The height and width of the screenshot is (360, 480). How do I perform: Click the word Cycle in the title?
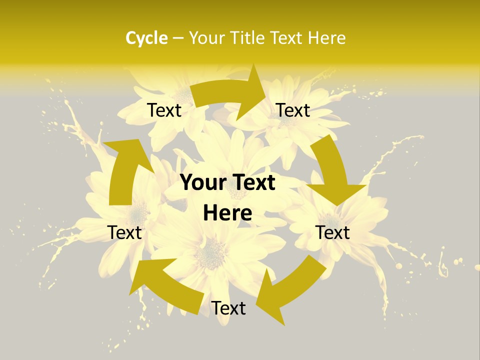click(146, 38)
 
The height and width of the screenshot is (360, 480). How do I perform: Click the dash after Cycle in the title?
click(178, 38)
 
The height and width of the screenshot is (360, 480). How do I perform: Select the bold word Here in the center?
click(227, 213)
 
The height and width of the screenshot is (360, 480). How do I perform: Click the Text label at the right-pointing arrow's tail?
click(164, 110)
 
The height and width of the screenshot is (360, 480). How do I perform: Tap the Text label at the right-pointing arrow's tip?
click(293, 110)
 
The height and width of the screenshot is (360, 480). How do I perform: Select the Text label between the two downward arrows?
click(332, 232)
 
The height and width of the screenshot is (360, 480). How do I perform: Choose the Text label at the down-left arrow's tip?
click(228, 308)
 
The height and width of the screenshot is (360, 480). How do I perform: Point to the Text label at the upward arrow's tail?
click(124, 232)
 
